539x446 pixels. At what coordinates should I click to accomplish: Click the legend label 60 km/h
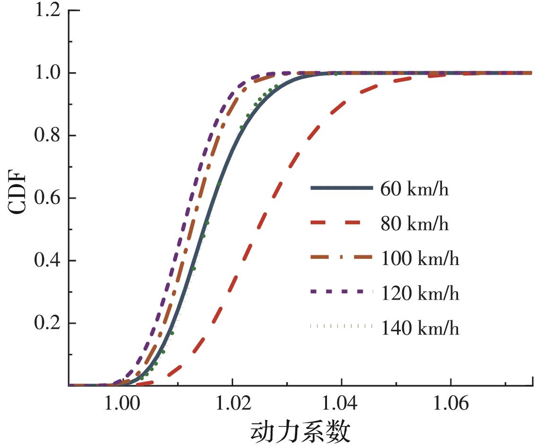[x=414, y=189]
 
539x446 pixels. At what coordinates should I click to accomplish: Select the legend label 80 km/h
[x=414, y=224]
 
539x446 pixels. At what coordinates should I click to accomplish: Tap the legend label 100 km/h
[x=420, y=259]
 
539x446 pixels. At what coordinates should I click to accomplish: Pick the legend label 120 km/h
[x=420, y=293]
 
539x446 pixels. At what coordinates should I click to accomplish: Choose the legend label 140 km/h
[x=420, y=328]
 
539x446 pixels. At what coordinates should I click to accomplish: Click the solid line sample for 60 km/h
[x=340, y=188]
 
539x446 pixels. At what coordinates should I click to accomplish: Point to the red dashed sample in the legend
[x=340, y=223]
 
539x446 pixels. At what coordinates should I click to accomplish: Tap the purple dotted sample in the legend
[x=340, y=292]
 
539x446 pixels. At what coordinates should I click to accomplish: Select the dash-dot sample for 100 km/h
[x=340, y=257]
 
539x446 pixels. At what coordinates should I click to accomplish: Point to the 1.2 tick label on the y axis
[x=48, y=10]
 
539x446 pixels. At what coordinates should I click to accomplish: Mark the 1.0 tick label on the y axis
[x=48, y=73]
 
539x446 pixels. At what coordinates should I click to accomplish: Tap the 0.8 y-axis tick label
[x=48, y=136]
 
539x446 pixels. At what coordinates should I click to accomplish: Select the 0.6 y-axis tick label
[x=48, y=198]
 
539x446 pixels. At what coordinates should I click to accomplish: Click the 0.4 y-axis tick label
[x=48, y=261]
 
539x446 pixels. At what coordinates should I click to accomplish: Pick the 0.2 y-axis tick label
[x=48, y=324]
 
